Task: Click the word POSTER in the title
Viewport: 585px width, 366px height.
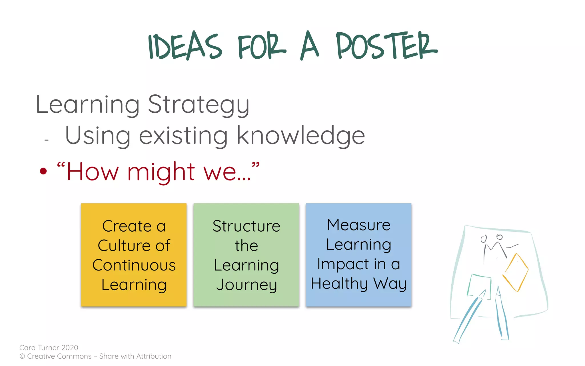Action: pyautogui.click(x=386, y=46)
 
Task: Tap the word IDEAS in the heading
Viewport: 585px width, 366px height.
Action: pyautogui.click(x=185, y=46)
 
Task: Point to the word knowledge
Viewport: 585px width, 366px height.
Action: pyautogui.click(x=301, y=136)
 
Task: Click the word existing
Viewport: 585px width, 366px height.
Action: pyautogui.click(x=183, y=136)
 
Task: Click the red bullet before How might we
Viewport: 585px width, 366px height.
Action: pyautogui.click(x=43, y=171)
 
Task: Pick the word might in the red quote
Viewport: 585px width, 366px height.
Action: pyautogui.click(x=161, y=172)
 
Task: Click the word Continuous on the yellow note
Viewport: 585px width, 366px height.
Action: pyautogui.click(x=134, y=265)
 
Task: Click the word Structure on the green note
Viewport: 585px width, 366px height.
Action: pyautogui.click(x=246, y=226)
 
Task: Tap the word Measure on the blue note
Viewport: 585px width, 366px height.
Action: pyautogui.click(x=358, y=225)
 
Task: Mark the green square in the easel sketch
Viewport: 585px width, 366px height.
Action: pyautogui.click(x=479, y=286)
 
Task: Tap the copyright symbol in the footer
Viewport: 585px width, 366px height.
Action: pyautogui.click(x=22, y=356)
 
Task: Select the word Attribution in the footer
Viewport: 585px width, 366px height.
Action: pyautogui.click(x=154, y=356)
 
